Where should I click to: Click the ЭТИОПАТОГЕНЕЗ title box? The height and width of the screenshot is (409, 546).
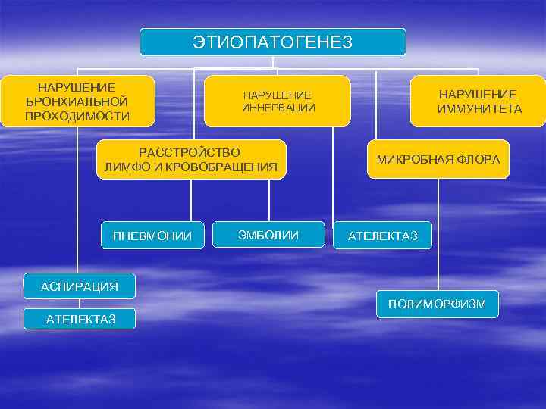(273, 42)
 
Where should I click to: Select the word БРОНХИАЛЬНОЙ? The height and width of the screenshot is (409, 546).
(77, 101)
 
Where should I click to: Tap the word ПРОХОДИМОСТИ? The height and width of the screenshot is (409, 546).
(77, 116)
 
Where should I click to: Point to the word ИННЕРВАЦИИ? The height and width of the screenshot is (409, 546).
(278, 108)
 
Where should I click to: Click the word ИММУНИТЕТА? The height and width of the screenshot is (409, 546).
(479, 109)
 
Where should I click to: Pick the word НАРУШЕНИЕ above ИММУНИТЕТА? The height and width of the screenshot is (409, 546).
(479, 94)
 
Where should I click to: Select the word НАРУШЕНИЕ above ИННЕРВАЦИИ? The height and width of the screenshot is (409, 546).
(278, 95)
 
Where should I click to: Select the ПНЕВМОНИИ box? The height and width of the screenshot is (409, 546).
(152, 236)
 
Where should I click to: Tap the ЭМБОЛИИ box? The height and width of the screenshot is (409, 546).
(268, 235)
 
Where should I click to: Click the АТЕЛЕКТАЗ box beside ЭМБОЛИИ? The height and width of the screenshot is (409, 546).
(382, 236)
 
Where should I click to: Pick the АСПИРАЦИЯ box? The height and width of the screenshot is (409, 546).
(79, 286)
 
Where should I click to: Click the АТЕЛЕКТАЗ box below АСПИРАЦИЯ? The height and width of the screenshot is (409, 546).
(80, 319)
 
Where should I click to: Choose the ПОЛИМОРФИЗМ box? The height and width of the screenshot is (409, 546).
(438, 304)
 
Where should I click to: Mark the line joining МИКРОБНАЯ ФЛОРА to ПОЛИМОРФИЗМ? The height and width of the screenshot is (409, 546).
(438, 235)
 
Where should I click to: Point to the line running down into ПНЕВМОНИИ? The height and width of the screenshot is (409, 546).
(192, 200)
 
